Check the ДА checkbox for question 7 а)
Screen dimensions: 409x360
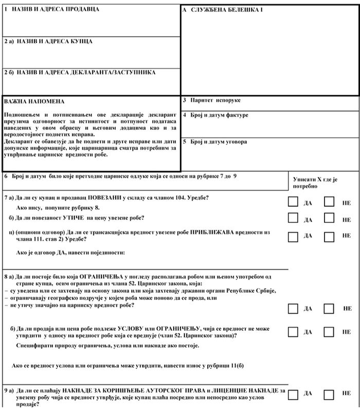pyautogui.click(x=293, y=202)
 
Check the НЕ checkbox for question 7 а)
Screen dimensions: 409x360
pyautogui.click(x=329, y=202)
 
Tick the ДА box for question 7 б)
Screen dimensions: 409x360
pyautogui.click(x=293, y=218)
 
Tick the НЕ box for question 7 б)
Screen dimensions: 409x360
pyautogui.click(x=329, y=218)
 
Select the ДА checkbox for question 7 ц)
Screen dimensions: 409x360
pyautogui.click(x=293, y=236)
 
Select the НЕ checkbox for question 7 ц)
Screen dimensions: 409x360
pyautogui.click(x=329, y=236)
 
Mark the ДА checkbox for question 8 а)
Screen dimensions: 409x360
pyautogui.click(x=293, y=308)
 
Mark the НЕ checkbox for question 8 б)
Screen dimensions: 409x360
pyautogui.click(x=329, y=331)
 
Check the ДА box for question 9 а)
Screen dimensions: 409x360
pyautogui.click(x=293, y=395)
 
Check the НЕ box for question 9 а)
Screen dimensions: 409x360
pyautogui.click(x=329, y=395)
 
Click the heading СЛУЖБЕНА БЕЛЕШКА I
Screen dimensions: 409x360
pyautogui.click(x=222, y=10)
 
